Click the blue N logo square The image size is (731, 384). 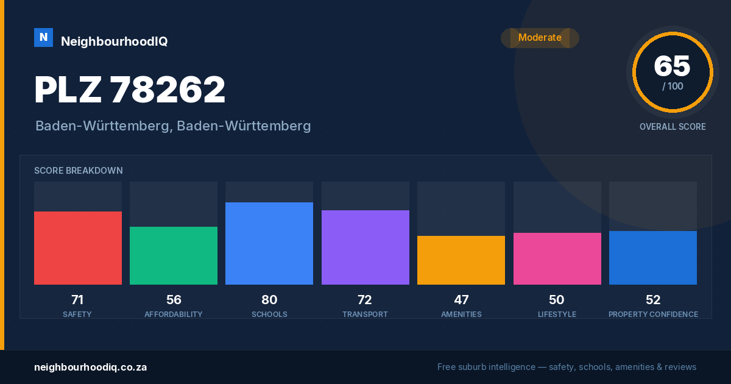coord(43,38)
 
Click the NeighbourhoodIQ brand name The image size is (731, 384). coord(115,41)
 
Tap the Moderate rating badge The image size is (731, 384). coord(540,38)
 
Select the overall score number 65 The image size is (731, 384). coord(672,66)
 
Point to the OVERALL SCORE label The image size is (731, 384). coord(673,127)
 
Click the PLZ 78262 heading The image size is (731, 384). coord(130,90)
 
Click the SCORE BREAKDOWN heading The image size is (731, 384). coord(79,171)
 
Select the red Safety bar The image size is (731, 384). coord(78,248)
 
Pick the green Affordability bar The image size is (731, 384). coord(174,255)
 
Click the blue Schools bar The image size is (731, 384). coord(269,243)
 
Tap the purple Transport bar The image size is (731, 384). coord(365,247)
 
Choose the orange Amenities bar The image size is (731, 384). coord(461,260)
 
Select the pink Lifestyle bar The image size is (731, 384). coord(557,258)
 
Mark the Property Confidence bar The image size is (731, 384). coord(653,258)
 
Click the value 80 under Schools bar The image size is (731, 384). coord(269,300)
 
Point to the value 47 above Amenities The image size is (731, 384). coord(461,300)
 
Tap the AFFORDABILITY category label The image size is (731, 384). coord(174,314)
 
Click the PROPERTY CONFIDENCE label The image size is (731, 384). coord(653,314)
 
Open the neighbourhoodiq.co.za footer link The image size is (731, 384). coord(90,368)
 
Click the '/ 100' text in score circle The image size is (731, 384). coord(673,86)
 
